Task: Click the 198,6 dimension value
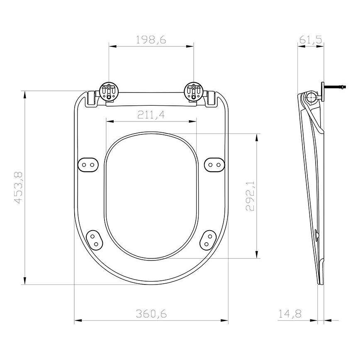pos(151,40)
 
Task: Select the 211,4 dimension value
pos(151,115)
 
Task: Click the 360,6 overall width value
pos(151,314)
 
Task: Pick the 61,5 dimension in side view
pos(311,40)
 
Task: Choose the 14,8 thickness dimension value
pos(289,314)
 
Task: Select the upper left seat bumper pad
pos(88,164)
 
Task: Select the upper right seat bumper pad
pos(214,164)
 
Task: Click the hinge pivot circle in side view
pos(311,97)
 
